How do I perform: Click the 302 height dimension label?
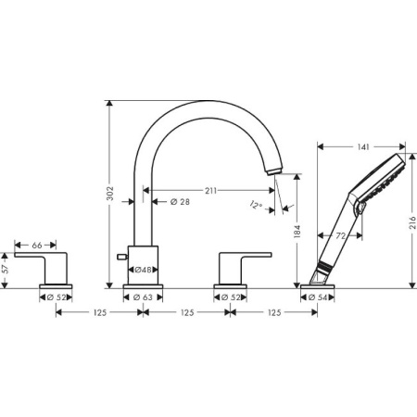tap(109, 194)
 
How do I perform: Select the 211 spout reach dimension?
tap(210, 191)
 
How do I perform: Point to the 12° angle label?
tap(257, 206)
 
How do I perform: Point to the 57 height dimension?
tap(6, 269)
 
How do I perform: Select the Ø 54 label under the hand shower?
tap(318, 297)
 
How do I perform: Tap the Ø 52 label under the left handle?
tap(57, 297)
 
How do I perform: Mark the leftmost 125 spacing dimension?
tap(99, 313)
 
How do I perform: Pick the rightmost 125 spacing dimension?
tap(273, 313)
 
